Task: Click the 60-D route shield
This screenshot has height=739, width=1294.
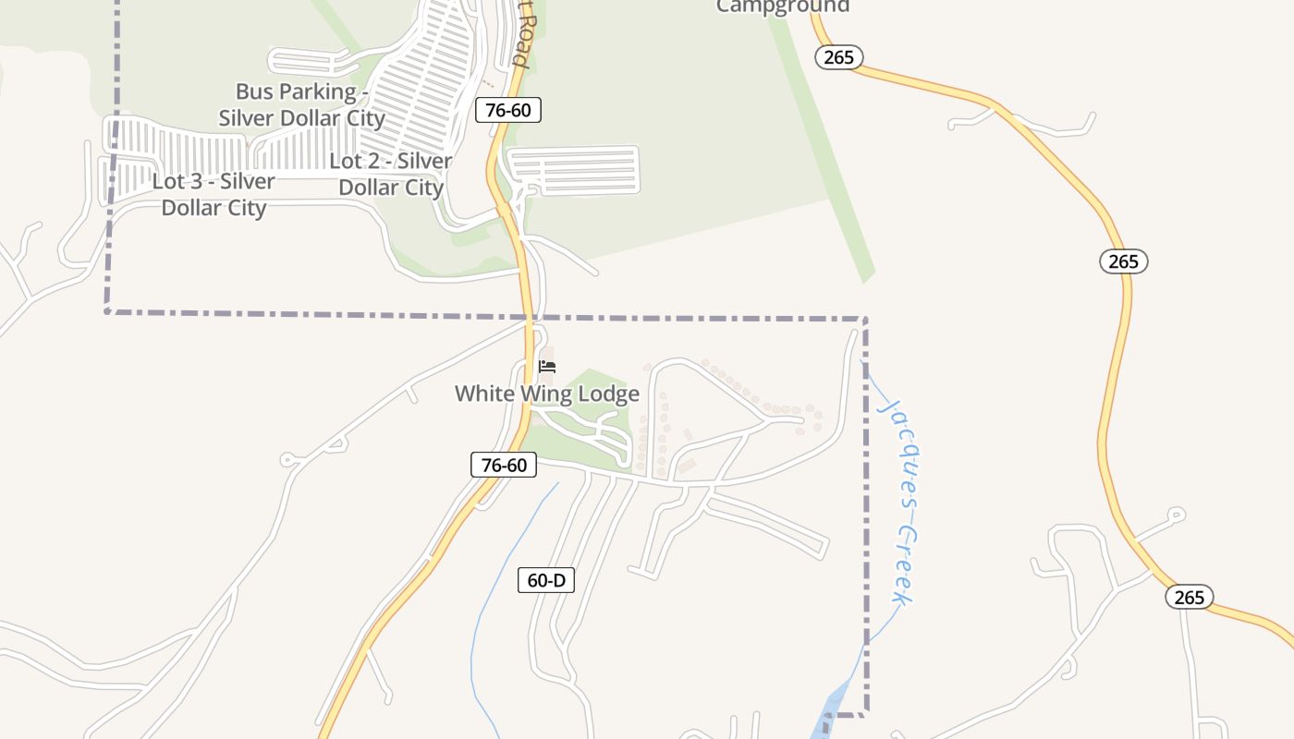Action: tap(546, 580)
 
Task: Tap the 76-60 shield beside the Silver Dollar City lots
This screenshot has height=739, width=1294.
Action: tap(507, 110)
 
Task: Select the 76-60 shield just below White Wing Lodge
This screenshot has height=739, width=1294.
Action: tap(504, 465)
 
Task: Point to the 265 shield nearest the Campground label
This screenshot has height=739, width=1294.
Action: tap(838, 57)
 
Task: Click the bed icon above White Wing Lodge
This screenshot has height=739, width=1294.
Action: tap(547, 367)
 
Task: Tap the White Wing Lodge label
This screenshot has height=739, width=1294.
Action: tap(546, 394)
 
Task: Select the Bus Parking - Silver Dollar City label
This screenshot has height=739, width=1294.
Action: tap(300, 104)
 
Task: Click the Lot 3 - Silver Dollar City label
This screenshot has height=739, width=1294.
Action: tap(214, 194)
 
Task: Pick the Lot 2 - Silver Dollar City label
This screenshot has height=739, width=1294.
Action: tap(391, 174)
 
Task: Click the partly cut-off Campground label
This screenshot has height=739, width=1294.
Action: tap(783, 6)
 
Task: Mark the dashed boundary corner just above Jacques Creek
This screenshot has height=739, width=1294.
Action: tap(865, 320)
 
